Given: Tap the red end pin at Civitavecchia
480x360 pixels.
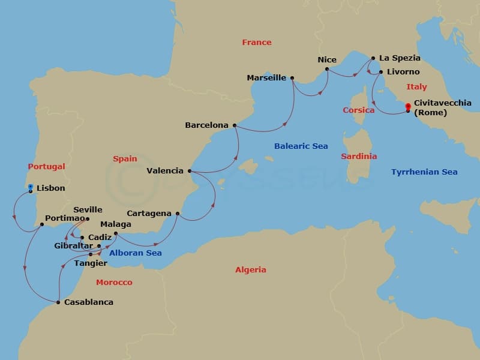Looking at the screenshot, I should point(408,107).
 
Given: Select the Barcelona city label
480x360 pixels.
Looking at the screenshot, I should point(206,125).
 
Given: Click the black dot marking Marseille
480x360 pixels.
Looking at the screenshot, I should point(292,77).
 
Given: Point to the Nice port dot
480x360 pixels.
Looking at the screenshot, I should point(327,69).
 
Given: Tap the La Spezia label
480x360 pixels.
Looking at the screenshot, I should point(400,58).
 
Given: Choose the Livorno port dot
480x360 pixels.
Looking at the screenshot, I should point(380,72).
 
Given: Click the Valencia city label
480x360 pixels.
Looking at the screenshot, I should point(165,170).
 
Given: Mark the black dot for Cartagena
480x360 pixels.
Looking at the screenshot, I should point(178,214).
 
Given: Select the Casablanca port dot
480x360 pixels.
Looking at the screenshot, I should point(58,302).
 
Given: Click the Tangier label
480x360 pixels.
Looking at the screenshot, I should point(90,263).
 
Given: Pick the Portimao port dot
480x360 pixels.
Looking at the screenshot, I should point(41,224).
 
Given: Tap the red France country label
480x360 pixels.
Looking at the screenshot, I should point(257,42).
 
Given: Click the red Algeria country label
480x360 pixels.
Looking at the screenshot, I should point(250,270).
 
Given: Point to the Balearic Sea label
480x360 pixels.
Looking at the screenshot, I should point(301,146).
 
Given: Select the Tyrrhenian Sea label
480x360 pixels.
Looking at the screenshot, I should point(424,172).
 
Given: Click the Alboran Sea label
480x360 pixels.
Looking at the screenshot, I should point(135,253).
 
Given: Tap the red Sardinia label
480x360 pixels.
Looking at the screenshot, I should point(359,156).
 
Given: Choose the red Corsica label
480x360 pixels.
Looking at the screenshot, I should point(358,110).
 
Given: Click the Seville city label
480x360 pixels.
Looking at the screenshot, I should point(88,210).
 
